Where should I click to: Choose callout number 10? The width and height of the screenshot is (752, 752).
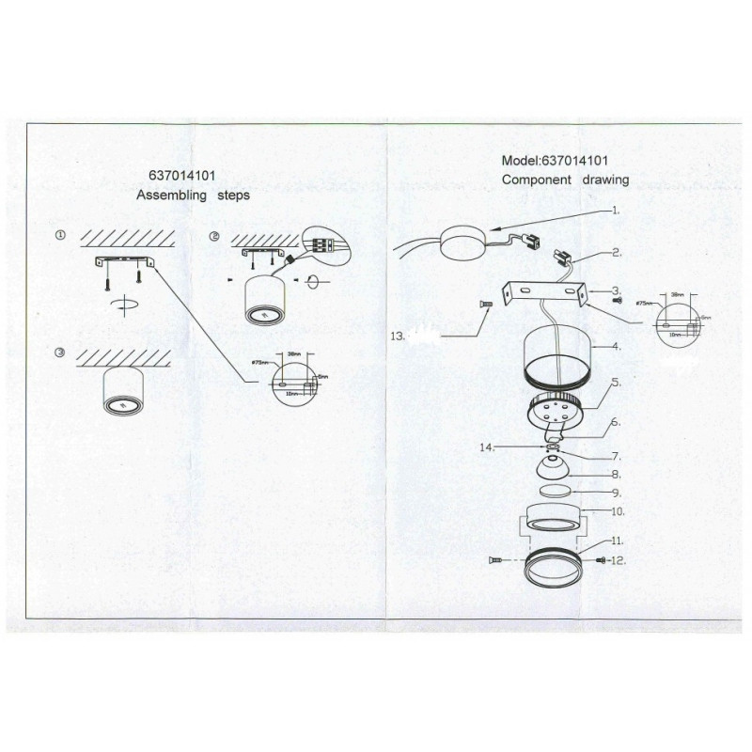pos(618,511)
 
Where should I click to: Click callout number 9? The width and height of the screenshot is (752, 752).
pos(614,493)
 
